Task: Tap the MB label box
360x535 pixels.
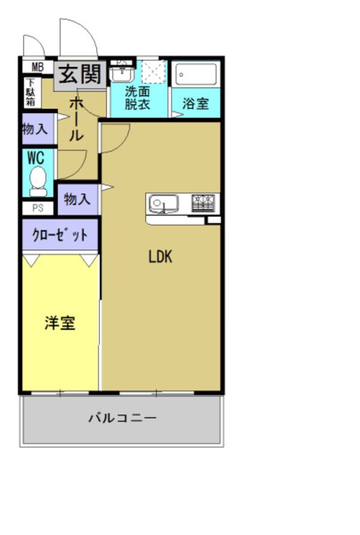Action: [38, 67]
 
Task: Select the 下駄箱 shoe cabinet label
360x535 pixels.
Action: [30, 93]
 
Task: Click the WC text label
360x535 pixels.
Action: [35, 158]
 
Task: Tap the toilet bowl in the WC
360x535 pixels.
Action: [38, 180]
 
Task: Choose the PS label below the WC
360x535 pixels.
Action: [38, 208]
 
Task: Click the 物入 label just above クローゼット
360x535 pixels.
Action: [77, 199]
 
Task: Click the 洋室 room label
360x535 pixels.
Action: [60, 324]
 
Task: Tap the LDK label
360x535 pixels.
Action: [160, 257]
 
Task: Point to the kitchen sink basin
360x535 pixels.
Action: [163, 204]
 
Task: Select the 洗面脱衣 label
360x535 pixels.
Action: [137, 98]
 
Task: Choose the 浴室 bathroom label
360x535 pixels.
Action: [196, 103]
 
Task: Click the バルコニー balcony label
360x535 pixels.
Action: [122, 417]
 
